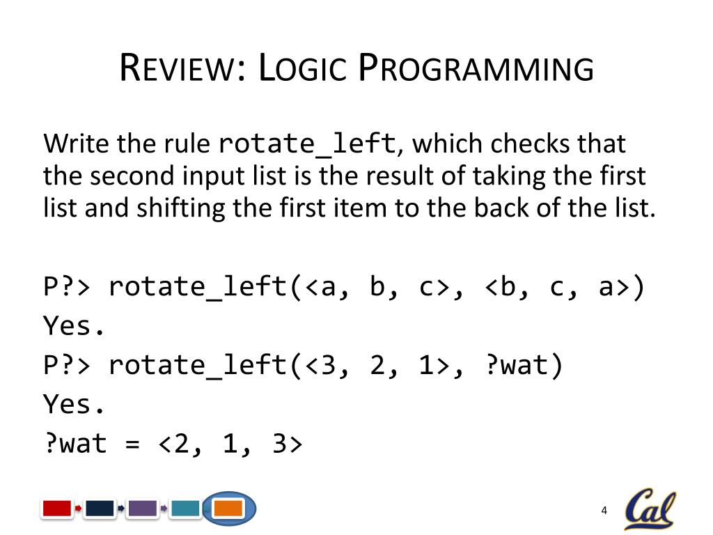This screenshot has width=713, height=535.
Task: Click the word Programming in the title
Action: click(476, 69)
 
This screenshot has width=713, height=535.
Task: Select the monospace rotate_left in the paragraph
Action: click(307, 144)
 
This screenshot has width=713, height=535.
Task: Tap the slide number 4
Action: click(604, 511)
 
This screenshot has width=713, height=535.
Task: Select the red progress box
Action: click(57, 509)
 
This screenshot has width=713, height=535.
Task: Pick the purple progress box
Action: click(142, 509)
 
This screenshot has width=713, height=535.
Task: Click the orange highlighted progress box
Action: click(228, 509)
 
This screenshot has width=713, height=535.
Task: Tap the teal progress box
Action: click(185, 509)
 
